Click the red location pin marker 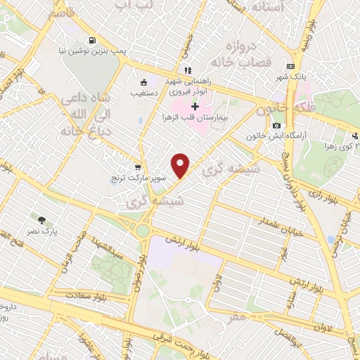(x=181, y=165)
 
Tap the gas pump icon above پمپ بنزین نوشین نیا (x=92, y=39)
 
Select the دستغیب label (x=143, y=92)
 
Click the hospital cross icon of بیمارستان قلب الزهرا (x=195, y=105)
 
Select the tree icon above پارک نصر (x=43, y=220)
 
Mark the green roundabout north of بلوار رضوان (x=143, y=230)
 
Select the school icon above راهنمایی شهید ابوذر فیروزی (x=186, y=71)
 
